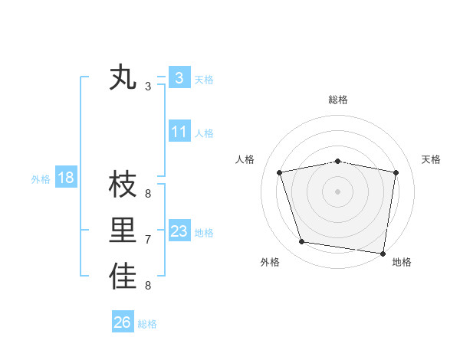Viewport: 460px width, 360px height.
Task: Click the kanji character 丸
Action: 123,78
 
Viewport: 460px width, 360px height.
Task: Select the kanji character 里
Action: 123,231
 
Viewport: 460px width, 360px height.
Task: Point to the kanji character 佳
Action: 123,277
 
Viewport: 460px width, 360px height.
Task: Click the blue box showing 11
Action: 179,132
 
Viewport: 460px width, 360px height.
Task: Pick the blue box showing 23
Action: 179,231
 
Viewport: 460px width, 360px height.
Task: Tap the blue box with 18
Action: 66,178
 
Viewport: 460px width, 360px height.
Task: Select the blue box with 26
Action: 123,322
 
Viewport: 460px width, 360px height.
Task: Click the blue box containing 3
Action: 179,77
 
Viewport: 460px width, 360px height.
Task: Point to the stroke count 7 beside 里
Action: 148,240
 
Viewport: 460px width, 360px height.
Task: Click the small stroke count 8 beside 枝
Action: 148,194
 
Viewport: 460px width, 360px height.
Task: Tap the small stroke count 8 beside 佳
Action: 148,286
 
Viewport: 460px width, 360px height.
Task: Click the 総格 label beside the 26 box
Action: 147,324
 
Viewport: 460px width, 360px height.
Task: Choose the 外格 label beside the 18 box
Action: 41,179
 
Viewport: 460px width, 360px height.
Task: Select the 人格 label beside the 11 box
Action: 204,133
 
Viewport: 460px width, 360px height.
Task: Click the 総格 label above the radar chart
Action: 338,100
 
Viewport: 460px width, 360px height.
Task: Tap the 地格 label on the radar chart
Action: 402,262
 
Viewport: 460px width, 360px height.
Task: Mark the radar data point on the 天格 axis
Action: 396,172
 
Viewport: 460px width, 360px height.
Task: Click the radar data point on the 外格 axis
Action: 302,242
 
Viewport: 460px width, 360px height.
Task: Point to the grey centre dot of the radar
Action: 337,191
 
